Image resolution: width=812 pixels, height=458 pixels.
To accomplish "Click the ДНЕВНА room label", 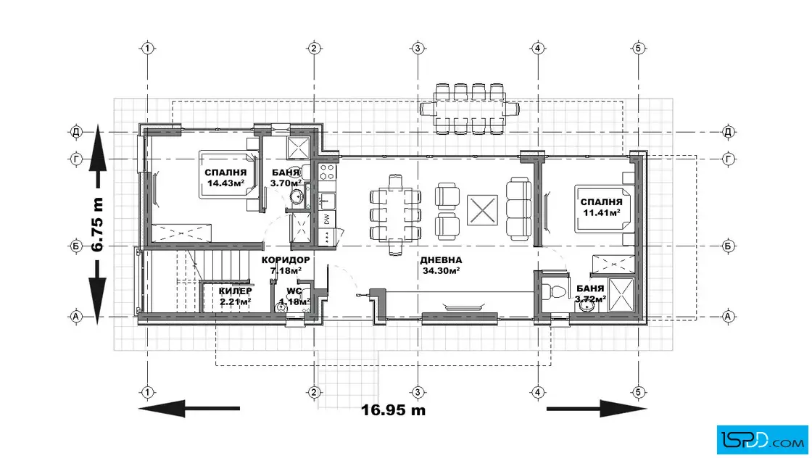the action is click(441, 260).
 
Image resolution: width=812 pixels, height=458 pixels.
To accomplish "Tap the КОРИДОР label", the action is click(286, 260).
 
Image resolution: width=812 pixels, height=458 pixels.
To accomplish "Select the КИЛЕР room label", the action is click(235, 291).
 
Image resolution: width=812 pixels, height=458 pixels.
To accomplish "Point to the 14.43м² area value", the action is click(225, 183).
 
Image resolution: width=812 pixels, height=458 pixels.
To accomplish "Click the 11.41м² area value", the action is click(602, 213).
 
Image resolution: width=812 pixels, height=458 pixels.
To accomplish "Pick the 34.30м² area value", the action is click(441, 270).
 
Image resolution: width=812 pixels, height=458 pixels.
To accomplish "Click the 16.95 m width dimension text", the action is click(393, 410).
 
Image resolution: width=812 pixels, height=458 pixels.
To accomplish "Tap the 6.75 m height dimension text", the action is click(97, 224).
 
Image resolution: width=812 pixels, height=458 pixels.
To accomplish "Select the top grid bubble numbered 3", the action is click(418, 49).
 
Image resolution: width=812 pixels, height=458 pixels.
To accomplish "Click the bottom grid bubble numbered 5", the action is click(638, 392).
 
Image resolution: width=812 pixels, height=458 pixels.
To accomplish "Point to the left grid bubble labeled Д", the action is click(76, 132).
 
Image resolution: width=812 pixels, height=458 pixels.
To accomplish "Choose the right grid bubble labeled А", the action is click(728, 316).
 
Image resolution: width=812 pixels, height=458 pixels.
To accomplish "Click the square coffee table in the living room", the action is click(482, 210).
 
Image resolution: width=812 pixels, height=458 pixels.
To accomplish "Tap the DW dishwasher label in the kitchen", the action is click(327, 220).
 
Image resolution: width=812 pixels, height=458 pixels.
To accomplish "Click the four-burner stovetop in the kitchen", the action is click(327, 172).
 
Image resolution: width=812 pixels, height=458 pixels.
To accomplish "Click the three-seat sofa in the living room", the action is click(519, 209).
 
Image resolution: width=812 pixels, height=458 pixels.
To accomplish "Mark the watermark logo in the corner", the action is click(762, 441).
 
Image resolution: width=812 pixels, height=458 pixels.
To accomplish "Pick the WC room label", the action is click(294, 291).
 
